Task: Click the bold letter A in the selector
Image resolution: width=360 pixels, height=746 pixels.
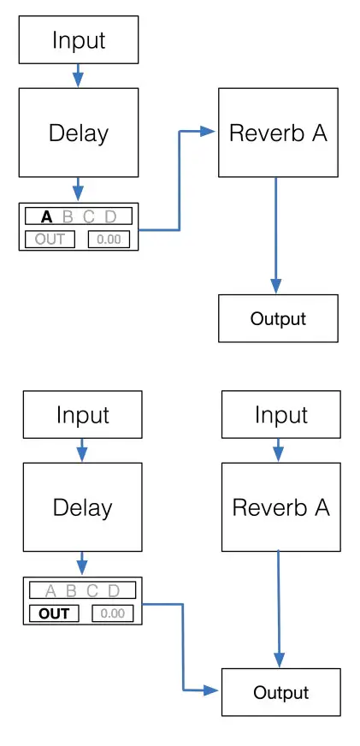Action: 47,216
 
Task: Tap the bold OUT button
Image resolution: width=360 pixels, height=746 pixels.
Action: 54,613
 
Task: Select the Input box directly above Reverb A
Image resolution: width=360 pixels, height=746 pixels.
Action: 280,415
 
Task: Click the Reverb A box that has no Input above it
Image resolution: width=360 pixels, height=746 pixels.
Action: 278,133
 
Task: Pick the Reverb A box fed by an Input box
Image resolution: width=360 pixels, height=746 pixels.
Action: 280,507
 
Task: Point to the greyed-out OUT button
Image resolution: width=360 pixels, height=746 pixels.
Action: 50,239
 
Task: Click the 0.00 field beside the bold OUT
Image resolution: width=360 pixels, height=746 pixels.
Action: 112,613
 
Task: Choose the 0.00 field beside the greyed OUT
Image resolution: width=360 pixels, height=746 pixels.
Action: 109,239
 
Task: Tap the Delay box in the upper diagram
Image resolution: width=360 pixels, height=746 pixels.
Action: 79,133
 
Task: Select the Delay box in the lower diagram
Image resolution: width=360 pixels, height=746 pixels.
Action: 82,507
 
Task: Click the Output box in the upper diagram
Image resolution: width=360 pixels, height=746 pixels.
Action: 278,319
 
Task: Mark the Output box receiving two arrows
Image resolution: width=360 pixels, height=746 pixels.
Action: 280,692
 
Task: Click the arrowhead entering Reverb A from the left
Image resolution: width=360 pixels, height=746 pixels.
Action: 208,131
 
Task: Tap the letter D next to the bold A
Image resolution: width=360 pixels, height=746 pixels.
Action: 109,216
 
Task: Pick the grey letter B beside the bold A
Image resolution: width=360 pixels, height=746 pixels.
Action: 68,216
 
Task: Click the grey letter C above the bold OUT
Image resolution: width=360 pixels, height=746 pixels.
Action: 91,590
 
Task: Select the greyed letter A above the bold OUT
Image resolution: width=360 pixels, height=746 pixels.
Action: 50,590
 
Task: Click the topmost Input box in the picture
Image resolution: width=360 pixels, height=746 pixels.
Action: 79,40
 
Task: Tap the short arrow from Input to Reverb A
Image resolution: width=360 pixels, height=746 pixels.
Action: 278,450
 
